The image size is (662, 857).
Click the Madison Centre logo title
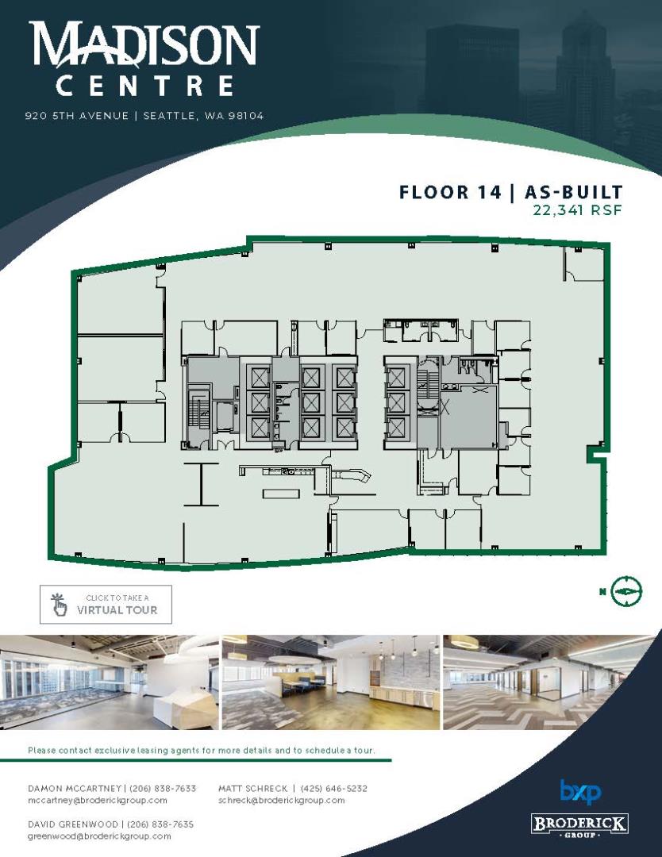144,59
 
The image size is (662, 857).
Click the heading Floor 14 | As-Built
510,192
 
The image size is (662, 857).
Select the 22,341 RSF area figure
577,209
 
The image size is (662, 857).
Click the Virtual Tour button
106,604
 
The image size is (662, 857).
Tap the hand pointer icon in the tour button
59,605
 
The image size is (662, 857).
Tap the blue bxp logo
580,793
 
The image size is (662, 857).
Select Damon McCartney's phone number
163,788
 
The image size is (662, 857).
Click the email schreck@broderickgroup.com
282,800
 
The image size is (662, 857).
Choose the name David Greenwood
73,824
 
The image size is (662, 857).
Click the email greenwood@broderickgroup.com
99,836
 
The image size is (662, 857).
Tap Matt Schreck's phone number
333,788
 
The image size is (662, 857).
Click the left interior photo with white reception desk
110,682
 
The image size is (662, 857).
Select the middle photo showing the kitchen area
331,682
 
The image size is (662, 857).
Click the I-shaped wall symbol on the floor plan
201,484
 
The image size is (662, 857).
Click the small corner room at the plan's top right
584,264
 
